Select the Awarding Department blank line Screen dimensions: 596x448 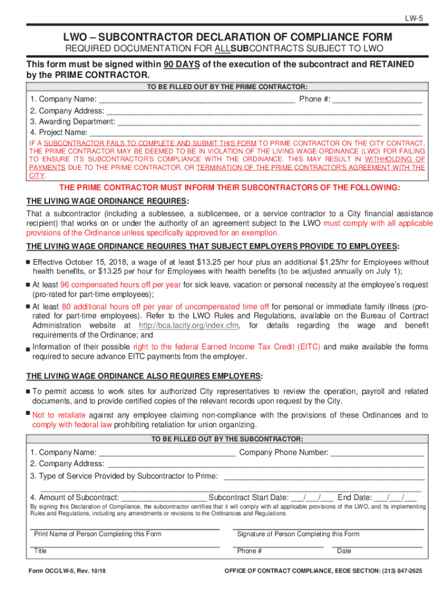point(268,122)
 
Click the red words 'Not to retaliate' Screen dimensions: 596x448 point(59,415)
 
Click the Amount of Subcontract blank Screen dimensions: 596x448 point(163,498)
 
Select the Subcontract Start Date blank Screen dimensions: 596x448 point(312,498)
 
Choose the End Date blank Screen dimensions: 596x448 point(395,498)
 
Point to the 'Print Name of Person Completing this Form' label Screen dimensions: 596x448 point(98,534)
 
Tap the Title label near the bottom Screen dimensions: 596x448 point(40,551)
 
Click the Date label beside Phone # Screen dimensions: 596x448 point(344,551)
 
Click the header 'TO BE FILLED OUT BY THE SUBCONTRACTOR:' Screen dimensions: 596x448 point(227,439)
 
